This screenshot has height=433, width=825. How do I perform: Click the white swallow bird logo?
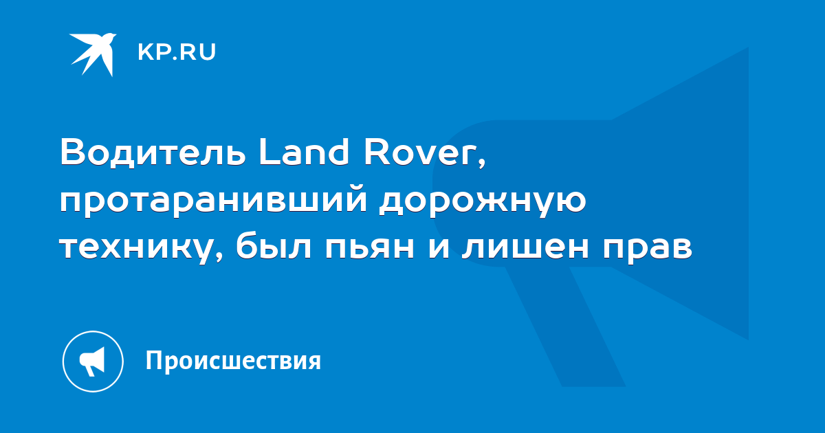93,54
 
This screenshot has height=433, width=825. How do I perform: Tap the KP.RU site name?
177,52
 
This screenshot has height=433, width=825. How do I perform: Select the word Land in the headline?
304,151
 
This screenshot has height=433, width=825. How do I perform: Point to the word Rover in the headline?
419,152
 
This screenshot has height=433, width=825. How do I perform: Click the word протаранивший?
214,202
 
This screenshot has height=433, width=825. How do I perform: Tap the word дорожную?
483,202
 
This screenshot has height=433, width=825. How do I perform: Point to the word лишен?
525,247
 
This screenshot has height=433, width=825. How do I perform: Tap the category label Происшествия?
233,360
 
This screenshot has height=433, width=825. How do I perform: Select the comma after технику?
219,258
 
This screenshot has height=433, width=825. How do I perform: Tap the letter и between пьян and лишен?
439,247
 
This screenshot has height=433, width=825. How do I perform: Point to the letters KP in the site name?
153,52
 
